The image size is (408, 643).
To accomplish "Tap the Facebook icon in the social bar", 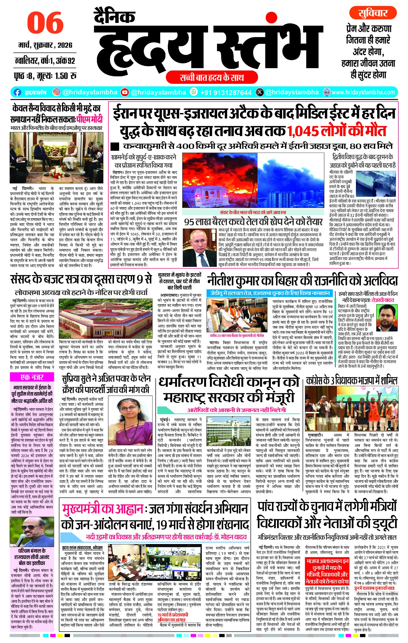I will (x=17, y=92).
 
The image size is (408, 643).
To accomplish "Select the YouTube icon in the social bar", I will (x=125, y=92).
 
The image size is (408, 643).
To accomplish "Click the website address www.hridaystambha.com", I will (x=363, y=92).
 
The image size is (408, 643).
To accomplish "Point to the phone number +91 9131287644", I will (x=226, y=92).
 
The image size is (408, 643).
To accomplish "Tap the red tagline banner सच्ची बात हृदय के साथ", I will (x=211, y=78).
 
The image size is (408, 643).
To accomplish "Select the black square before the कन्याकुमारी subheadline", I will (x=115, y=147).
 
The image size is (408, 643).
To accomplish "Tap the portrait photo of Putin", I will (x=199, y=247).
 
